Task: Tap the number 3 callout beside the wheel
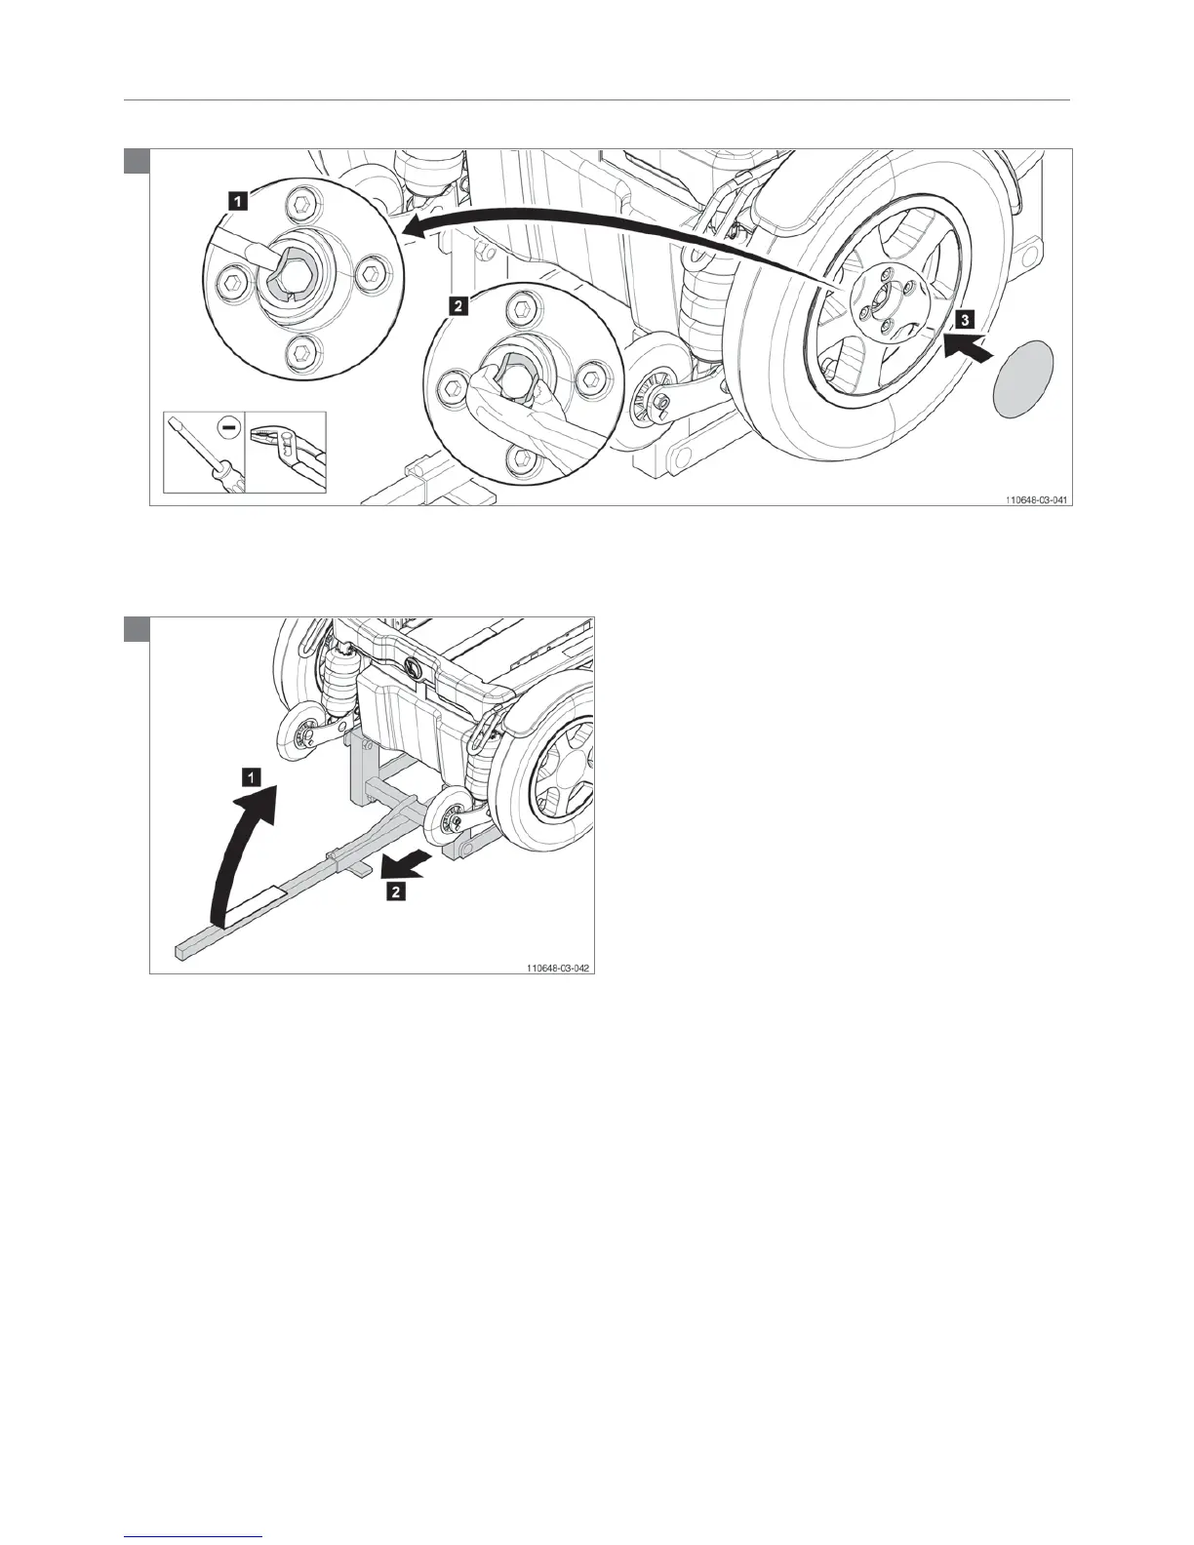pyautogui.click(x=963, y=318)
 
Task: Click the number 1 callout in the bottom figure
pyautogui.click(x=251, y=777)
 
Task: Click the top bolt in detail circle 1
pyautogui.click(x=302, y=206)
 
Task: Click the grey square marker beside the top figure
pyautogui.click(x=136, y=160)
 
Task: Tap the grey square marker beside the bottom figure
pyautogui.click(x=136, y=629)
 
